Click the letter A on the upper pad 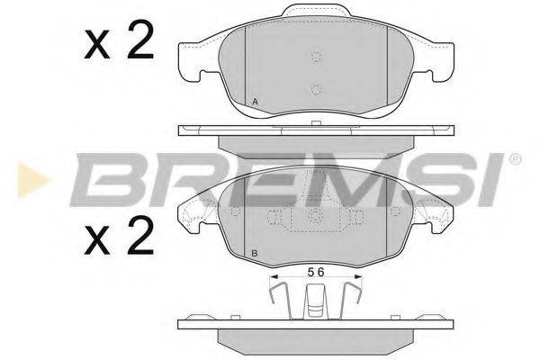pyautogui.click(x=255, y=102)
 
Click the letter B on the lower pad pyautogui.click(x=255, y=254)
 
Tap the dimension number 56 pyautogui.click(x=316, y=272)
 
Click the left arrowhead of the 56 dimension pyautogui.click(x=274, y=276)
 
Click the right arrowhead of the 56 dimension pyautogui.click(x=358, y=276)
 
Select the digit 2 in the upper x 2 pyautogui.click(x=140, y=40)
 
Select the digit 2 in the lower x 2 pyautogui.click(x=140, y=235)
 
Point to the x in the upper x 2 pyautogui.click(x=97, y=44)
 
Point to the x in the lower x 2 pyautogui.click(x=97, y=241)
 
